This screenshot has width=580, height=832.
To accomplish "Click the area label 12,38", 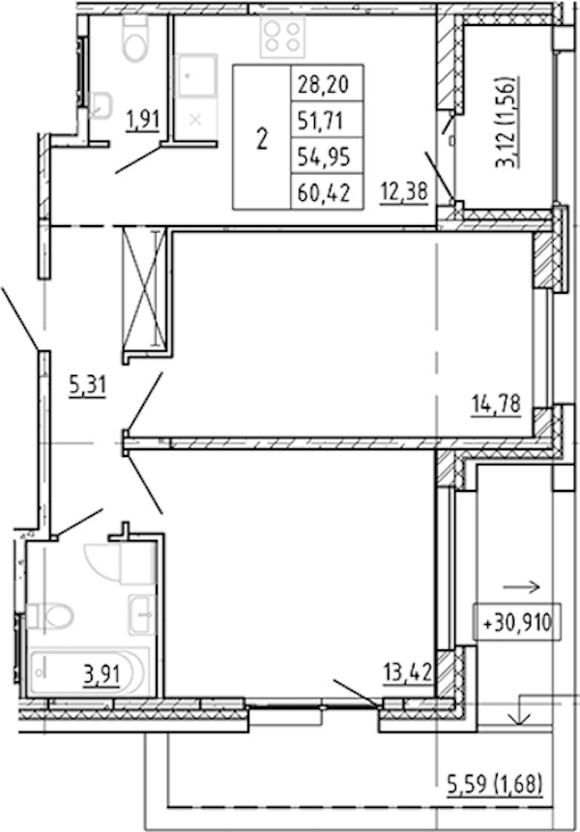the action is pyautogui.click(x=404, y=190).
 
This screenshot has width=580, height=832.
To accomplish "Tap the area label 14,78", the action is pyautogui.click(x=496, y=404).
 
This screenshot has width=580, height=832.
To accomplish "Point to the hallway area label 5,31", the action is pyautogui.click(x=88, y=386).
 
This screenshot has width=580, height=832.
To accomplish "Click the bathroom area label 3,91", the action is pyautogui.click(x=101, y=675).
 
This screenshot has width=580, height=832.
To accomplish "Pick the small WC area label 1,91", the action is pyautogui.click(x=142, y=119).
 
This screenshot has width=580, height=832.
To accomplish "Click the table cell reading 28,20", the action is pyautogui.click(x=323, y=84).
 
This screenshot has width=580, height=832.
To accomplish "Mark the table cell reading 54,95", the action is pyautogui.click(x=323, y=156).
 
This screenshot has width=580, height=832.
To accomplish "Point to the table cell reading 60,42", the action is pyautogui.click(x=324, y=192).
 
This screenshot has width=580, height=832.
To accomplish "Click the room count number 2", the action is pyautogui.click(x=262, y=138).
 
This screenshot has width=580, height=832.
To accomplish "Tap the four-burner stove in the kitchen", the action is pyautogui.click(x=282, y=37).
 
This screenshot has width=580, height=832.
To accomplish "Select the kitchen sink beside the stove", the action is pyautogui.click(x=196, y=76).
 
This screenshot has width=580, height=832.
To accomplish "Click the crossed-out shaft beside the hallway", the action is pyautogui.click(x=144, y=290).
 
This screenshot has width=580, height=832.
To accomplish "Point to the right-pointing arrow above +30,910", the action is pyautogui.click(x=521, y=587).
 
